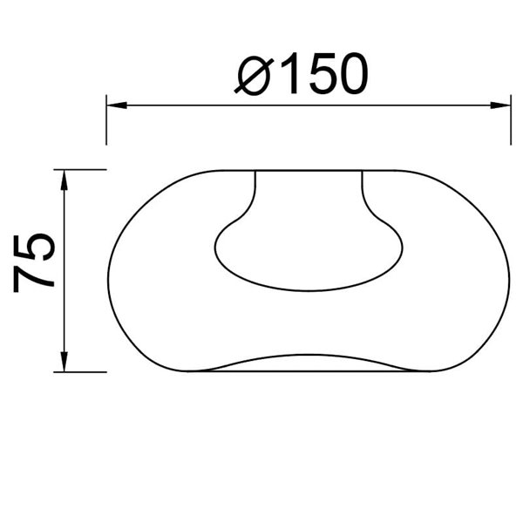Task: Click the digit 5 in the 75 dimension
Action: pos(35,248)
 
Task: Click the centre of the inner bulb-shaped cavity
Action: pos(309,248)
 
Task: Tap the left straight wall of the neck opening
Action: pos(255,187)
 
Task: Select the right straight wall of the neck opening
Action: pos(362,187)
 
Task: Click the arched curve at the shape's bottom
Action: pos(309,357)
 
